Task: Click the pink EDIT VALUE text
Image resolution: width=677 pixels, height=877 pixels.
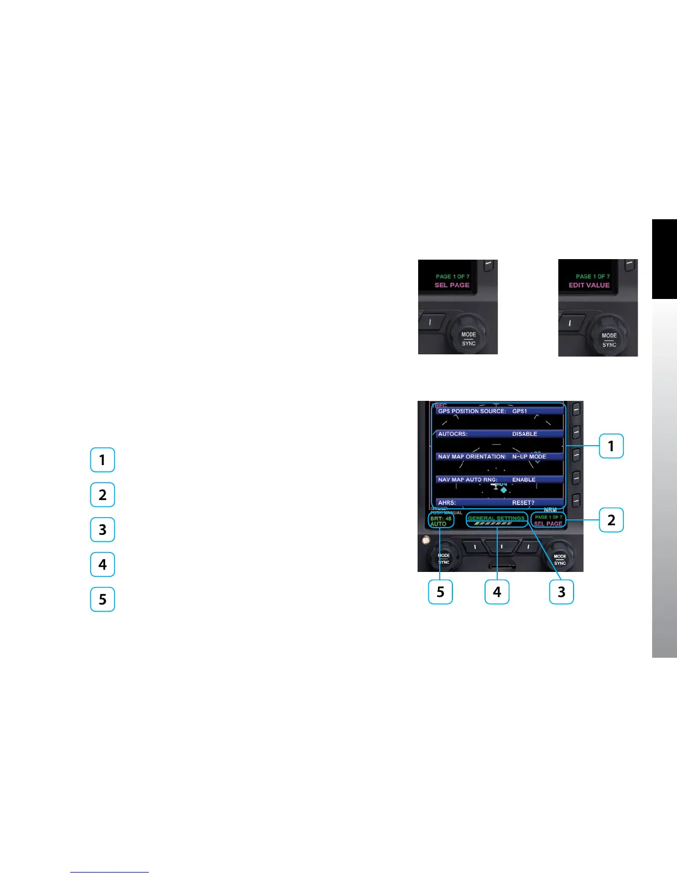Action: (589, 285)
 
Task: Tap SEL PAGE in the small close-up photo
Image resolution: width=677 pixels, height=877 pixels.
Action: (452, 285)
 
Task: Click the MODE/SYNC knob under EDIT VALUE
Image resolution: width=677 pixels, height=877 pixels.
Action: (608, 338)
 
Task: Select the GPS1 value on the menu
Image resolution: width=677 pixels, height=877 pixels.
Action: (519, 411)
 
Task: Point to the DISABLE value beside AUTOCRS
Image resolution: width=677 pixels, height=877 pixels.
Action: (524, 434)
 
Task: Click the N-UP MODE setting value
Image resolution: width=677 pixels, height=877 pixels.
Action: (529, 457)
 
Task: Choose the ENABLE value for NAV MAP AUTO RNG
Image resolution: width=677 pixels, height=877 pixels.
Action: (524, 479)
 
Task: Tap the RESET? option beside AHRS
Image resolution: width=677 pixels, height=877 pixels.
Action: (523, 503)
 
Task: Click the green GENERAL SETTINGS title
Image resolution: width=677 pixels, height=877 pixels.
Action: (496, 518)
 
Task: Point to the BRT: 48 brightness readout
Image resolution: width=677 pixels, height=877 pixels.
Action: (441, 519)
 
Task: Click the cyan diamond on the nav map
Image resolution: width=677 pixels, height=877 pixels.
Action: (503, 490)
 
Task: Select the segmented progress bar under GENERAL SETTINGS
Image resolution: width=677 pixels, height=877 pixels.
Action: (493, 524)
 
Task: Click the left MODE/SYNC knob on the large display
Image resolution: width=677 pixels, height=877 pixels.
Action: (443, 558)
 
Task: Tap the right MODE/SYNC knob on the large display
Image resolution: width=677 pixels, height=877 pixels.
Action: (560, 559)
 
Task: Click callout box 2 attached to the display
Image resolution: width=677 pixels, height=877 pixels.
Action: (611, 520)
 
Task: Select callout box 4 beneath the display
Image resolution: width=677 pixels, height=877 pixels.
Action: (497, 592)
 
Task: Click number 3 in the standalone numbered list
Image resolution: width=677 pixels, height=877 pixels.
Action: (102, 529)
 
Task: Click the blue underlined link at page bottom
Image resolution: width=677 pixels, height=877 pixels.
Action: (110, 872)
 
